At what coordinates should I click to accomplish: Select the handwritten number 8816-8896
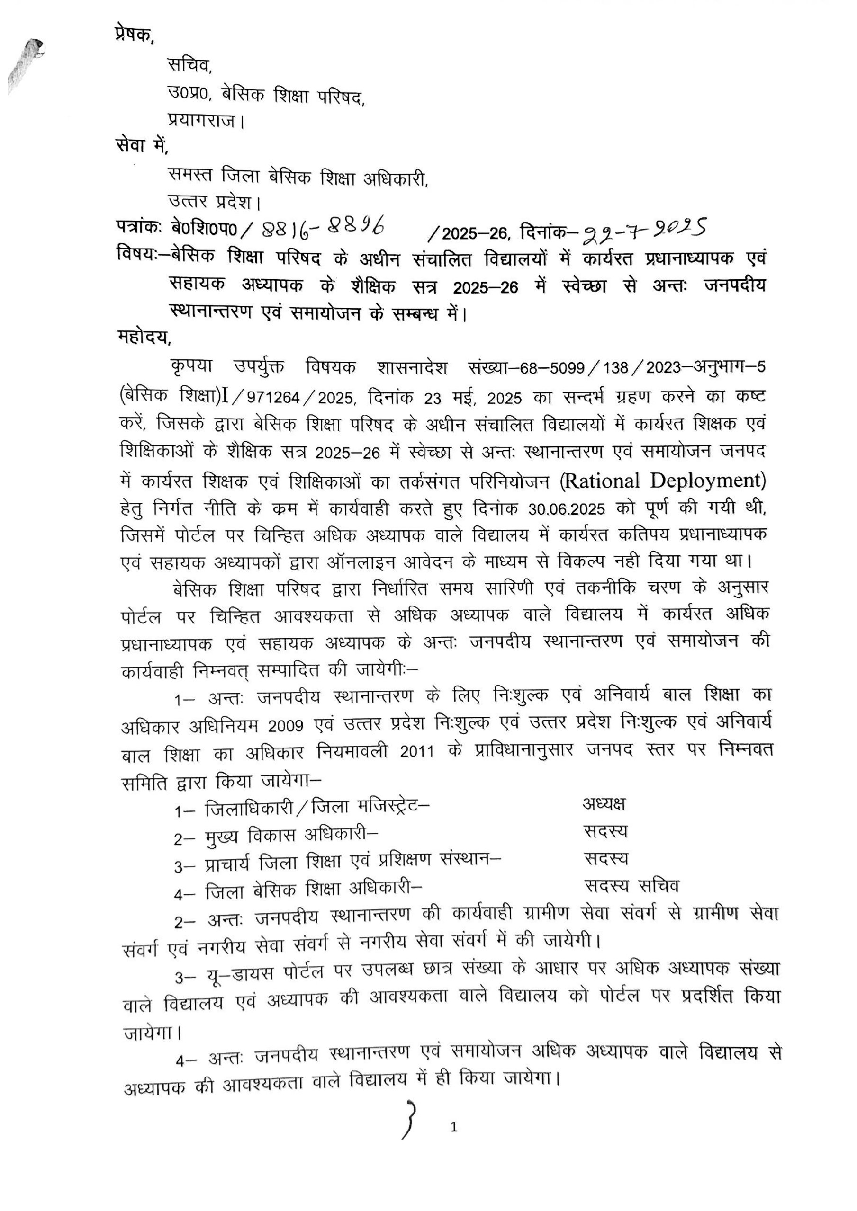319,227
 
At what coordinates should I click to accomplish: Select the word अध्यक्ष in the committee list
604,803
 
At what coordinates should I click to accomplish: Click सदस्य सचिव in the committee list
631,886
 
